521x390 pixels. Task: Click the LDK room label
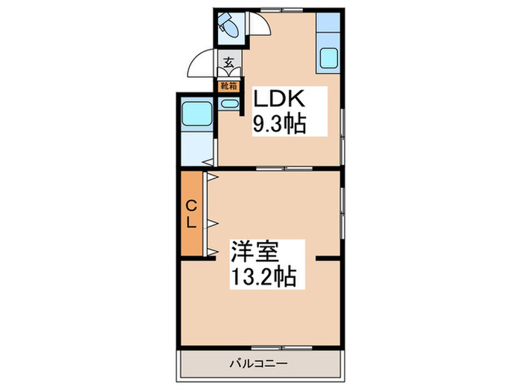click(280, 99)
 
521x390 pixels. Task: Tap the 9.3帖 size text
click(280, 123)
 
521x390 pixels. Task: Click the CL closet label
click(191, 214)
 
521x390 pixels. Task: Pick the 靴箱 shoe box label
click(227, 85)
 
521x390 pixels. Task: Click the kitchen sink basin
click(328, 58)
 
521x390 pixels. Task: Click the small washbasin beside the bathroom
click(228, 104)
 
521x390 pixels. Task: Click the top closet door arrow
click(211, 178)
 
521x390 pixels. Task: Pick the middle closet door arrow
click(211, 221)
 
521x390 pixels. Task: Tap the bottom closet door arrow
click(211, 252)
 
